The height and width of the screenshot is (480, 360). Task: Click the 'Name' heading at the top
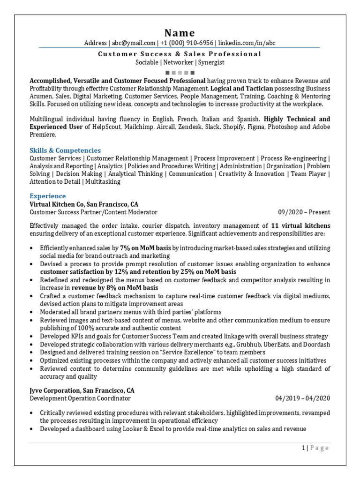[x=180, y=33]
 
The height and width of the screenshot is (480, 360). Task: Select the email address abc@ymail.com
[x=133, y=43]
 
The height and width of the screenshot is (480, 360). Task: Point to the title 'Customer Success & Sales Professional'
[x=180, y=54]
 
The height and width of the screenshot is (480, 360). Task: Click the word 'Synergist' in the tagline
[x=211, y=62]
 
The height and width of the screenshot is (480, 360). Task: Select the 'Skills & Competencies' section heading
[x=65, y=150]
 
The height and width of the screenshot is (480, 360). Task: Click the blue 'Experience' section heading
[x=48, y=196]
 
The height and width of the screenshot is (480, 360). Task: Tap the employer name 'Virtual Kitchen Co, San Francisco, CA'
[x=84, y=204]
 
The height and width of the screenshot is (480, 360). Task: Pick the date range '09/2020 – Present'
[x=304, y=212]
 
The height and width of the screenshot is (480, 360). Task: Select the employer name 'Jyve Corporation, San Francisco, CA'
[x=82, y=390]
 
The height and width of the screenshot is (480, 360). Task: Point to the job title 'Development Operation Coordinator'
[x=80, y=398]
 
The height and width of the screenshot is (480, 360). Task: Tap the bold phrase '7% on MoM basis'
[x=145, y=248]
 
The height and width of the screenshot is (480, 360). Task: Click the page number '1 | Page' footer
[x=315, y=448]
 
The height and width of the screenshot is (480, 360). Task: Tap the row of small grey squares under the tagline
[x=180, y=72]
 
